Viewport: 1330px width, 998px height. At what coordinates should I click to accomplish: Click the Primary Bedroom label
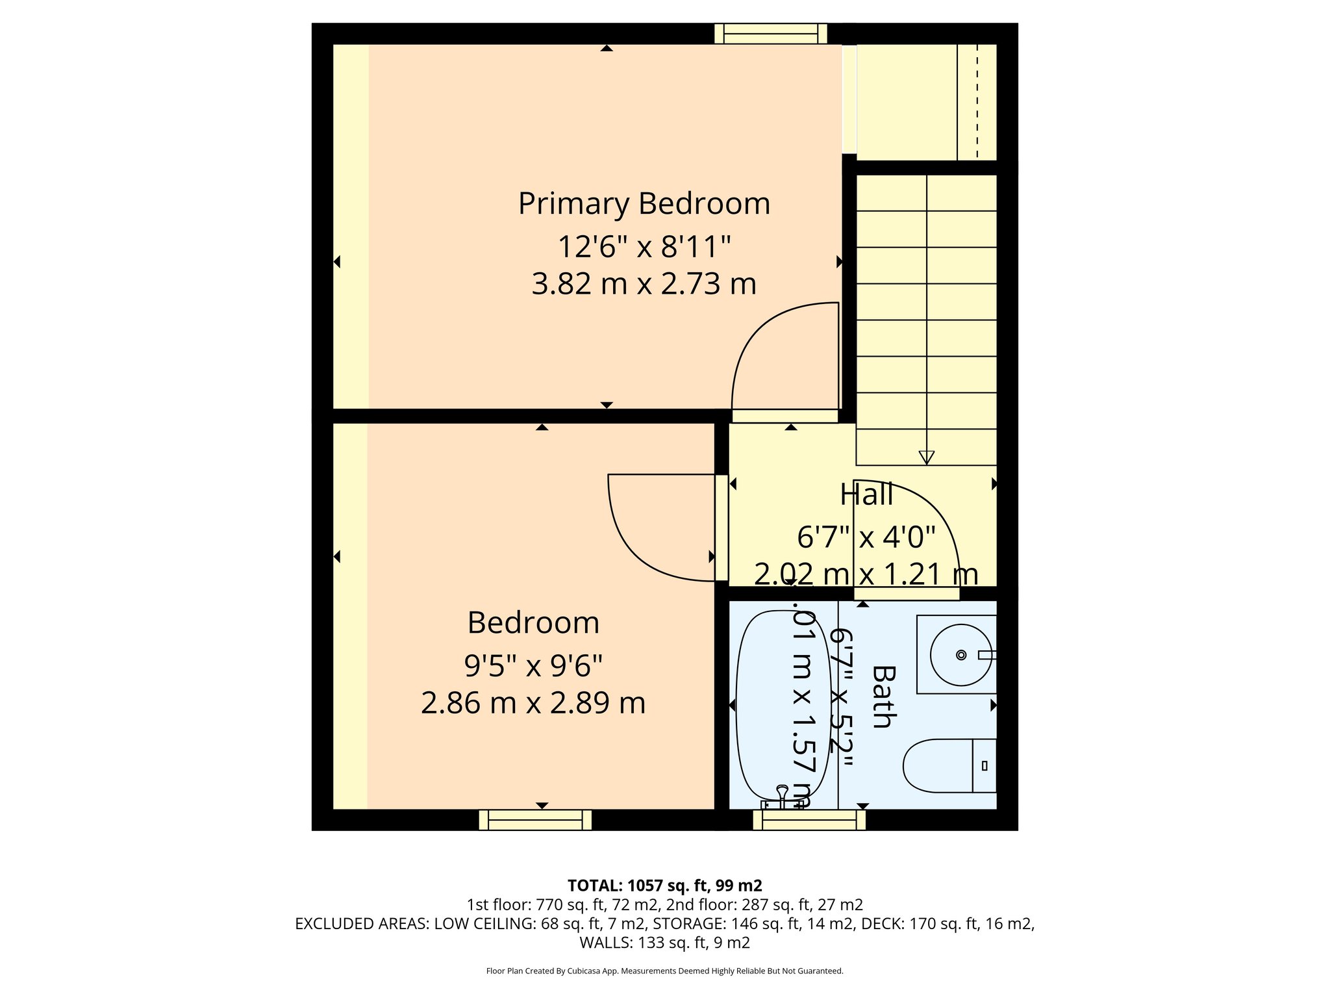tap(644, 203)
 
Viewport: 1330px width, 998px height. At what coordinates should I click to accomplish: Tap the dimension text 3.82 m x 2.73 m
tap(644, 285)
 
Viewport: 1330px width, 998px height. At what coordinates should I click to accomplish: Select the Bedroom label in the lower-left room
tap(533, 622)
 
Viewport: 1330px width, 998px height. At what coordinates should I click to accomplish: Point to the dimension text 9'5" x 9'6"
tap(533, 665)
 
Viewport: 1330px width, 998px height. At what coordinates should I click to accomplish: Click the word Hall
tap(866, 494)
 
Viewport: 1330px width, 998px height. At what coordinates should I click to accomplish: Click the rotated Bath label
tap(883, 697)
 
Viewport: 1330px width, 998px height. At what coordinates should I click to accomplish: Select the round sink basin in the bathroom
tap(960, 654)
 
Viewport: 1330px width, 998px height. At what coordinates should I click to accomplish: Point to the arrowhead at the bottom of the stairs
tap(927, 457)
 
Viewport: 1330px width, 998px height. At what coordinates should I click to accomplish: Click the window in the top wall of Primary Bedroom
tap(771, 33)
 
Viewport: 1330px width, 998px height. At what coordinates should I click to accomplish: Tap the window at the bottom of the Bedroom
tap(535, 820)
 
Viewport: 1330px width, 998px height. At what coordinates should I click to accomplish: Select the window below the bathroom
tap(809, 820)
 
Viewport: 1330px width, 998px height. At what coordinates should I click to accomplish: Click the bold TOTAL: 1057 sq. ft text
tap(664, 886)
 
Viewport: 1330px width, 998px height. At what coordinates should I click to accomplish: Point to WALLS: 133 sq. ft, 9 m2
tap(664, 942)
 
